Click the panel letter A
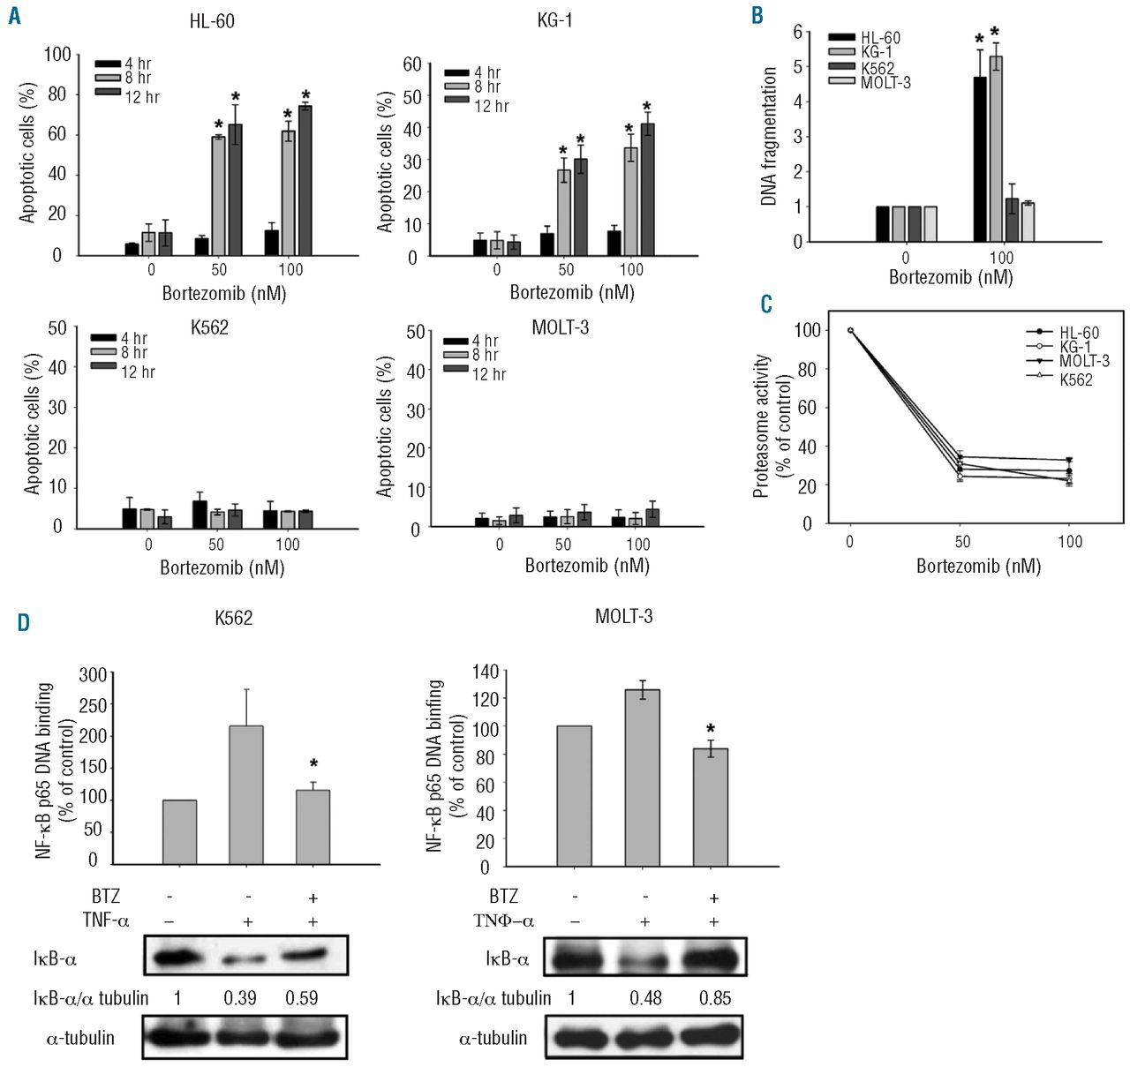tap(14, 16)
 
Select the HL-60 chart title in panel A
tap(212, 20)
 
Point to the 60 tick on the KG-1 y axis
tap(412, 64)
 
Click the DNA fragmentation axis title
tap(769, 137)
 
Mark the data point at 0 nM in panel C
tap(850, 330)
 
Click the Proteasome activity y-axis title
tap(771, 425)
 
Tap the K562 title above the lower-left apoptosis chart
tap(209, 327)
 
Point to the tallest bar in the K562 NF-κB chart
tap(246, 794)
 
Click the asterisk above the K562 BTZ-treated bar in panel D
tap(313, 764)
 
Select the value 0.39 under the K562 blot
tap(240, 998)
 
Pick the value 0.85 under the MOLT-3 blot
tap(714, 998)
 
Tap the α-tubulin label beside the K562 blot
tap(80, 1038)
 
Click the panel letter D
tap(22, 622)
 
